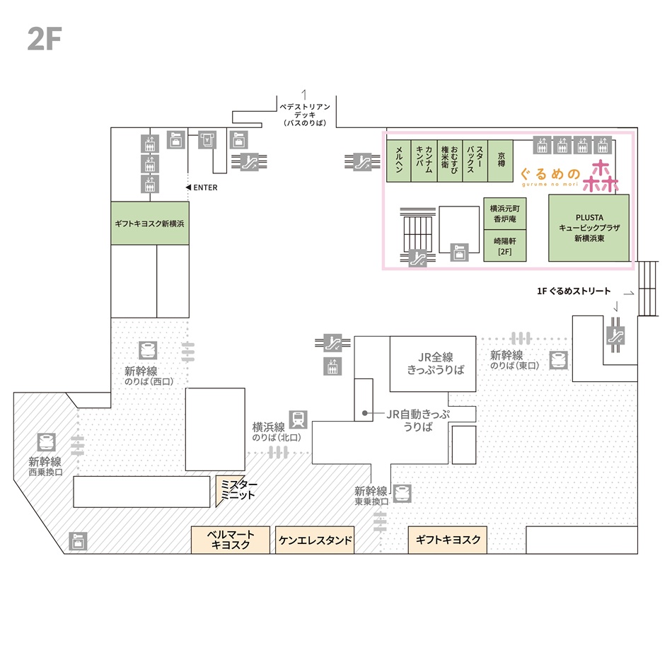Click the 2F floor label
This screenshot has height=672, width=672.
[x=45, y=39]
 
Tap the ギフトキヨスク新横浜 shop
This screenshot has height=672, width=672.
[x=149, y=223]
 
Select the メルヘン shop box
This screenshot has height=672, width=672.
[x=398, y=161]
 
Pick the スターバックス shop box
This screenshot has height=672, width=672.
[x=475, y=161]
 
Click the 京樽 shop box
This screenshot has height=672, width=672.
[x=501, y=161]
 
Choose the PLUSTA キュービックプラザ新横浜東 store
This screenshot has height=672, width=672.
[x=589, y=228]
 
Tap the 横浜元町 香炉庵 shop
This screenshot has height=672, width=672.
[x=505, y=214]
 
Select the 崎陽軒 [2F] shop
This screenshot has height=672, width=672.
[x=505, y=245]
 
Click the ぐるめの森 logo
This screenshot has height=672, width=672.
[x=569, y=175]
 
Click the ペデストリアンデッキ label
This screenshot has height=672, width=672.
[x=305, y=115]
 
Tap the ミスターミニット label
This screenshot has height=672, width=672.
[x=238, y=489]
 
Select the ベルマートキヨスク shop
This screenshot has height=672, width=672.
[x=230, y=540]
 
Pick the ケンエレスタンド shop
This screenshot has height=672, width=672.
[x=315, y=540]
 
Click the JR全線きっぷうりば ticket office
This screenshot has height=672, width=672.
[x=433, y=364]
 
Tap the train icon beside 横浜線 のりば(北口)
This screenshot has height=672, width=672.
[x=298, y=419]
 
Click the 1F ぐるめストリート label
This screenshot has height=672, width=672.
[x=574, y=291]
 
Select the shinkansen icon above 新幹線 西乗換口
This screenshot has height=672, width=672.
[x=46, y=442]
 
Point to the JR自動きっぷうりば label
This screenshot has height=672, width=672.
[x=418, y=420]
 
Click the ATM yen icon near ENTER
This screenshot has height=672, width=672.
[x=207, y=140]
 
